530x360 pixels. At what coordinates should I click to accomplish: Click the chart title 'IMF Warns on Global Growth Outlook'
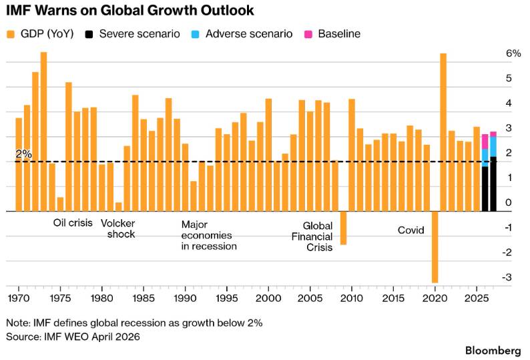(x=129, y=11)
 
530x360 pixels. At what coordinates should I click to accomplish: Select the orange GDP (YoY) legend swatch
(x=11, y=33)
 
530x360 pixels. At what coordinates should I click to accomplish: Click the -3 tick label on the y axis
(x=509, y=277)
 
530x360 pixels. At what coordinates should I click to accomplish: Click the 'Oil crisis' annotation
(x=72, y=223)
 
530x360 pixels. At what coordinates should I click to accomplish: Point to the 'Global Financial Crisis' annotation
(x=318, y=236)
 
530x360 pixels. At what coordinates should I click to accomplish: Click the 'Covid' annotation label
(x=411, y=230)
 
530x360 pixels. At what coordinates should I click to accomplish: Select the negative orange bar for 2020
(x=435, y=247)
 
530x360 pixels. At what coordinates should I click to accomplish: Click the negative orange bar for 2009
(x=343, y=228)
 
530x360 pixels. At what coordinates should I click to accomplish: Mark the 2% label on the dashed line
(x=23, y=154)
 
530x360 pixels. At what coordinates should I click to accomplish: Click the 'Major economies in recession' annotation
(x=209, y=235)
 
